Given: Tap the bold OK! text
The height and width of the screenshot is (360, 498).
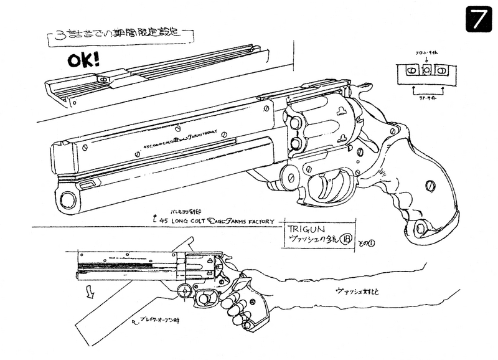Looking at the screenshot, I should pyautogui.click(x=83, y=62).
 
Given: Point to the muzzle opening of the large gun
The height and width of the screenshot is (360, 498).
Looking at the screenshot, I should pyautogui.click(x=67, y=199).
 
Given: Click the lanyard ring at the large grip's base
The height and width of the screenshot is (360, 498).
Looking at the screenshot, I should pyautogui.click(x=421, y=229).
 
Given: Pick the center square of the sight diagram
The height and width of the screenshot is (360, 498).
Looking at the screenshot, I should pyautogui.click(x=426, y=71).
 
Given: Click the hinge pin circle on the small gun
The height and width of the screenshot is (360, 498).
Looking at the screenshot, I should pyautogui.click(x=184, y=289).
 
